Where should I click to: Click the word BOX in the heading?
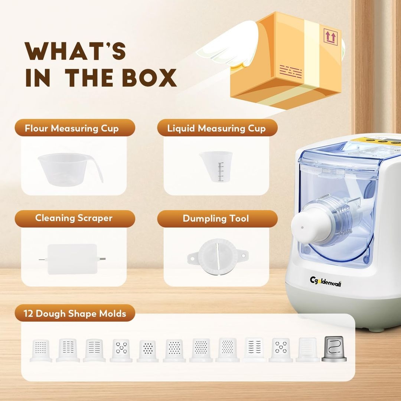pos(149,78)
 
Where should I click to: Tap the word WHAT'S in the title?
pos(75,51)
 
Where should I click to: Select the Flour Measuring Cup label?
pos(72,128)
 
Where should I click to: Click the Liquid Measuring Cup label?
pos(216,128)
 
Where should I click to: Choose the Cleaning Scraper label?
pos(74,218)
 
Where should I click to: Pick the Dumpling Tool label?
pos(216,218)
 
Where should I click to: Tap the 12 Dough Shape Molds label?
pos(75,313)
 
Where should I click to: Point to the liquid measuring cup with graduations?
pos(216,166)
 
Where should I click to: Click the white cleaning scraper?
pos(72,259)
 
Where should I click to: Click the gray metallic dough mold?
pos(334,349)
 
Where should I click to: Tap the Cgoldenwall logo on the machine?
pos(325,281)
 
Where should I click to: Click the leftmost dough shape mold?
pos(41,351)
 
